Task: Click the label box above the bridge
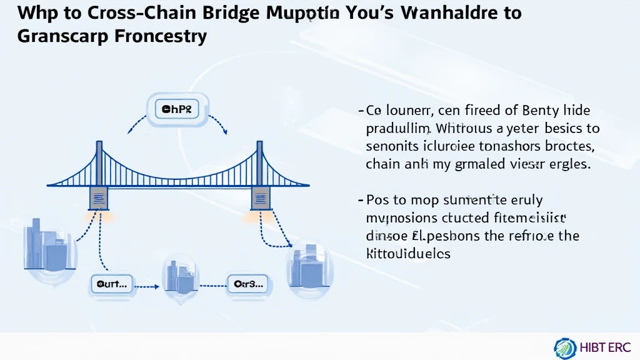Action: tap(177, 110)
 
